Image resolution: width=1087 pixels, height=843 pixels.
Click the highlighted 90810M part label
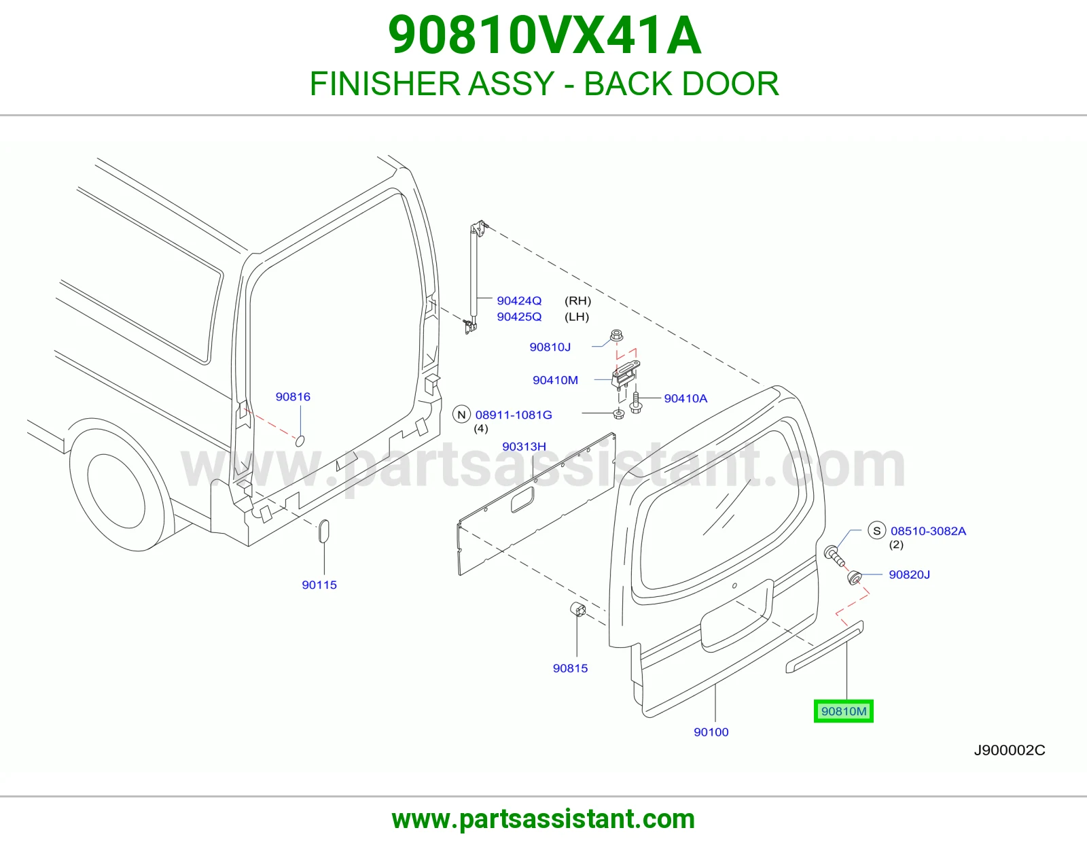(843, 711)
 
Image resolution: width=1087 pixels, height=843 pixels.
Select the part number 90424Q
(519, 301)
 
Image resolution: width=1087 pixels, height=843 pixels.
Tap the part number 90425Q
(519, 317)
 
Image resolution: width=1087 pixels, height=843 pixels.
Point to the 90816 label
(293, 397)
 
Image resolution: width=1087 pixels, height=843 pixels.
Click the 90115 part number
(319, 585)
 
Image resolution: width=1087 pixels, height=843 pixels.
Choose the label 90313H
(524, 447)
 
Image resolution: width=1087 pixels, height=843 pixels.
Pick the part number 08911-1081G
(513, 415)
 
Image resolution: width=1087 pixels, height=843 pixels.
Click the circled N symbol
(461, 415)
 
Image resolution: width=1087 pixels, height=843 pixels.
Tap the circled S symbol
(876, 531)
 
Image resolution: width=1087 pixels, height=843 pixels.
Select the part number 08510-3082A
(928, 531)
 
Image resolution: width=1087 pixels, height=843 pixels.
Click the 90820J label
(909, 574)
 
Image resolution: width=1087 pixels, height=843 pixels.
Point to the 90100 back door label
(711, 732)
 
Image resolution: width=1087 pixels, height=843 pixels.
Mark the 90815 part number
(570, 668)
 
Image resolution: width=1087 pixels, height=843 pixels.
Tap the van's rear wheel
(116, 491)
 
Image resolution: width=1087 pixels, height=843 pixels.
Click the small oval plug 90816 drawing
(300, 441)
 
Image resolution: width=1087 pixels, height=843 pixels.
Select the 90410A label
(685, 398)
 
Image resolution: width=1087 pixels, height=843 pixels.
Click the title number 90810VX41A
(544, 35)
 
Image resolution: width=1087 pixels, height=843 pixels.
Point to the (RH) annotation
(577, 301)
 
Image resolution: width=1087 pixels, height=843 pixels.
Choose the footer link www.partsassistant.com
(543, 819)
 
